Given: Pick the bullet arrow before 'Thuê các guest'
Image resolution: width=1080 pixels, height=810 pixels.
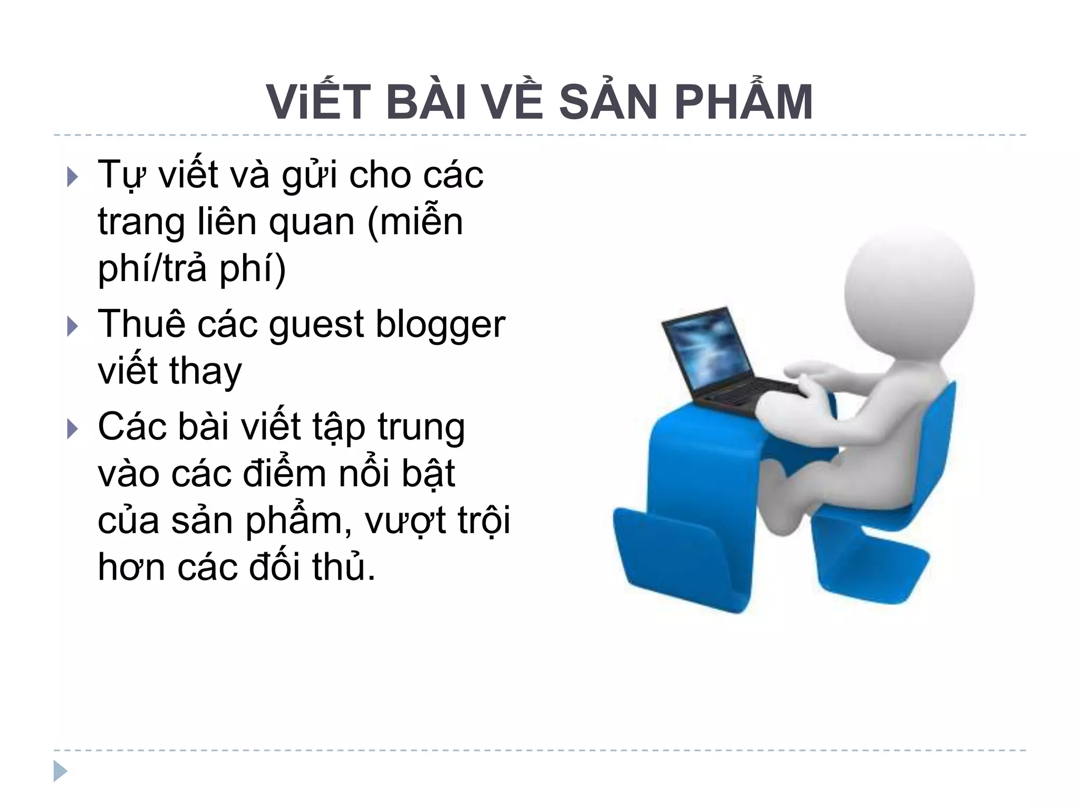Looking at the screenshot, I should (73, 326).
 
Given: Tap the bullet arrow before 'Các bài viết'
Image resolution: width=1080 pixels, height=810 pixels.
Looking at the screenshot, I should (73, 429).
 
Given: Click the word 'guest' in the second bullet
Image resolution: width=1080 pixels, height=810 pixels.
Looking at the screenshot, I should (316, 326).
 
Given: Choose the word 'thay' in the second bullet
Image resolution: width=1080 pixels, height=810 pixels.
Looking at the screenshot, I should (206, 372).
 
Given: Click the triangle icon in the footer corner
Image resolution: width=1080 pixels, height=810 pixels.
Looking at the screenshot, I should (60, 771).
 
